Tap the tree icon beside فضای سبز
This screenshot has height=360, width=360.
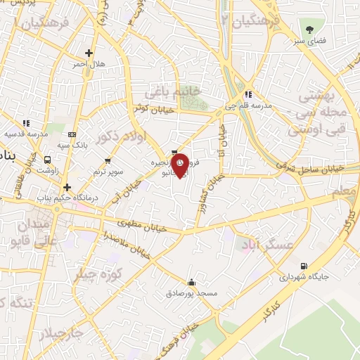click(310, 30)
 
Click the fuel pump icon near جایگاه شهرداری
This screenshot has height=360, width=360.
click(304, 266)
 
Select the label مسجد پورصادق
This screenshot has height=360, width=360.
click(197, 292)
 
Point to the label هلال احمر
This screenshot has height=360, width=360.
click(89, 64)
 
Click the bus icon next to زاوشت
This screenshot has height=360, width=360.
click(48, 160)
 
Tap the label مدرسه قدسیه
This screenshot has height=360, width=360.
click(25, 133)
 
